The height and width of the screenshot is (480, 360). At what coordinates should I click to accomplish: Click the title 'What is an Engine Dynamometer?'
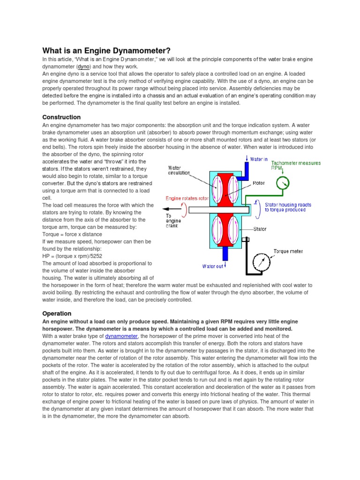106,50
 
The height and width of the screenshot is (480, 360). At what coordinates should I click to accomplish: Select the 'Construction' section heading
61,117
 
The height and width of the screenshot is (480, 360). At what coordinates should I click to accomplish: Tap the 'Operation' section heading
57,313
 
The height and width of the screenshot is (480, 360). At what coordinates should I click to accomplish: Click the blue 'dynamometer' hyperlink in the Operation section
121,336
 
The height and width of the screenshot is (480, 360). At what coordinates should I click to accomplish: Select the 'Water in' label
259,159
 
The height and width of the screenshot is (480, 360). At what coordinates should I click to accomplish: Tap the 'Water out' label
213,266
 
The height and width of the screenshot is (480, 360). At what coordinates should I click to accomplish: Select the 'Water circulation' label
179,170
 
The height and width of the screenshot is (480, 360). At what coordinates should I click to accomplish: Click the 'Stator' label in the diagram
260,229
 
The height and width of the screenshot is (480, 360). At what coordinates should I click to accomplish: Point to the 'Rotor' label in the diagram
259,183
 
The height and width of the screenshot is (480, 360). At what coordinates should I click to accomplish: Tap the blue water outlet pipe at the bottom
225,254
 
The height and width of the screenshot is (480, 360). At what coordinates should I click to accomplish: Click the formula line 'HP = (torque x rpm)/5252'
72,256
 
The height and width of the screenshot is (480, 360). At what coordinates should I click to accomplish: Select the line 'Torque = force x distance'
72,234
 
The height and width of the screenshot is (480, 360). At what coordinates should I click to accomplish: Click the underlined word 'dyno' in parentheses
83,67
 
